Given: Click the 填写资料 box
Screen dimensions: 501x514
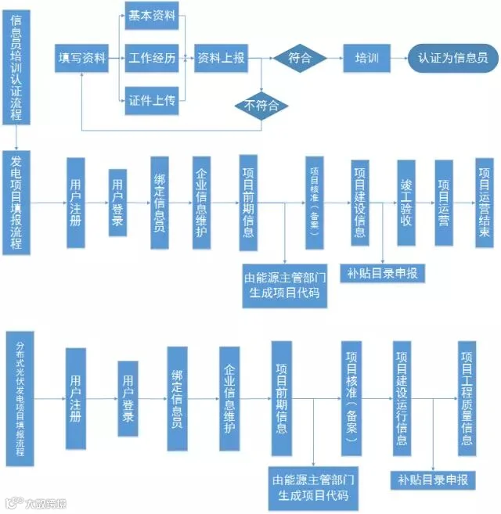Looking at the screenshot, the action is point(81,58).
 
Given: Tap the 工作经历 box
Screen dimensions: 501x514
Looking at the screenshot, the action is point(151,58).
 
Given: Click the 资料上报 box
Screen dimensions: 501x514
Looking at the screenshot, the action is point(220,58).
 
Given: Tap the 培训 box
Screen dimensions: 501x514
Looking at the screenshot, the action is point(366,58).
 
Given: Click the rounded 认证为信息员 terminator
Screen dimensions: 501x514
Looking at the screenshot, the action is point(452,58).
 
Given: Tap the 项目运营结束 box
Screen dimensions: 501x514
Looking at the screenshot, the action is point(485,203).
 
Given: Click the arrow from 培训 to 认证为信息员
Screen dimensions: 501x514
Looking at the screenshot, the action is point(398,58).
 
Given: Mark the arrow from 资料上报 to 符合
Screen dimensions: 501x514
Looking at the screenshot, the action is point(259,58).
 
